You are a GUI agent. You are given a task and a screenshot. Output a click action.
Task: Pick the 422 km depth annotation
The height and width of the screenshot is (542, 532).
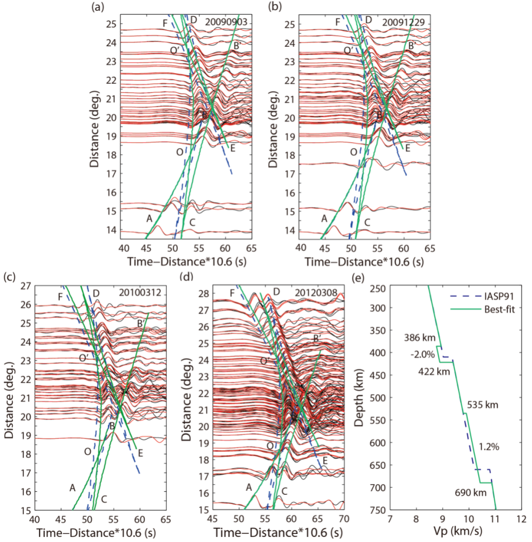434,371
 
